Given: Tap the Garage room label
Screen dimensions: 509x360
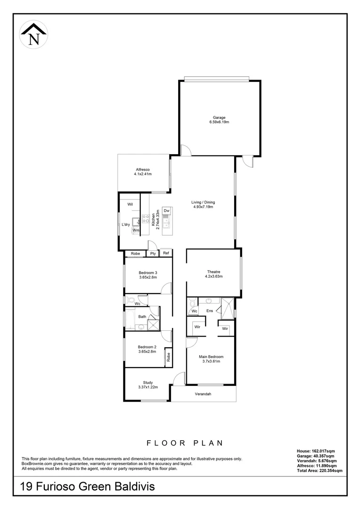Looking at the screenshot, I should [219, 117].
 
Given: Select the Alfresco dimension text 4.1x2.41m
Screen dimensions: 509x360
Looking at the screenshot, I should [143, 173].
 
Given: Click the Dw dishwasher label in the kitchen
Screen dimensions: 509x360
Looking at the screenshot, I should [166, 210].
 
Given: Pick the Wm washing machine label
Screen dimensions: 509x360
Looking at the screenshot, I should [136, 230].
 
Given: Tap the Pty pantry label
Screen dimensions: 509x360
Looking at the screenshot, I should [153, 254].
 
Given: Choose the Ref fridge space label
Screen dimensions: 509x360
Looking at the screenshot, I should [166, 254].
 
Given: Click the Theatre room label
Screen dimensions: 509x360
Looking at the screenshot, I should [214, 271].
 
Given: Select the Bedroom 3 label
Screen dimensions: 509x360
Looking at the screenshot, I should [147, 272].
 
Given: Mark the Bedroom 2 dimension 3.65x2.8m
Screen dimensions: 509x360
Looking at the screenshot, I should [147, 351].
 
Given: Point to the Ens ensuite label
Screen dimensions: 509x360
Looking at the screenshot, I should [210, 311].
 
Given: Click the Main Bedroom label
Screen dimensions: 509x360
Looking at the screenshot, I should [211, 357].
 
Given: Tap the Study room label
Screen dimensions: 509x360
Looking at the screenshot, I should [148, 383].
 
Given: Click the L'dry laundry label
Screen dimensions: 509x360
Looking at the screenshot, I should [126, 224].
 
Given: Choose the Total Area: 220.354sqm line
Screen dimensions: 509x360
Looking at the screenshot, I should [319, 470].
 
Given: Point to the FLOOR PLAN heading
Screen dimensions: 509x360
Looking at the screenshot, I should [184, 443].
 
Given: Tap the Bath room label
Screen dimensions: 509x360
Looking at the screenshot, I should [142, 317].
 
